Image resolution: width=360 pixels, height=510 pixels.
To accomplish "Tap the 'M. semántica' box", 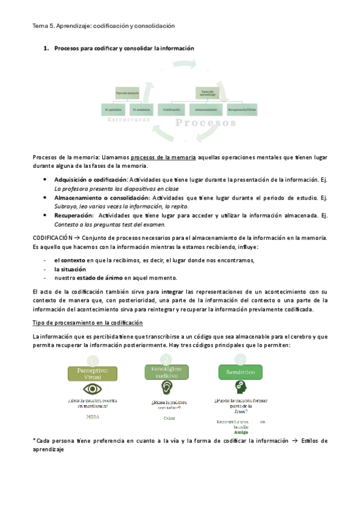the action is [141, 110].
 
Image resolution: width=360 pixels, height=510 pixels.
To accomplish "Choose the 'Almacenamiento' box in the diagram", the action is [206, 110].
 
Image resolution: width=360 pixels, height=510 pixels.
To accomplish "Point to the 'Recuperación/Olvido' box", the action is [242, 110].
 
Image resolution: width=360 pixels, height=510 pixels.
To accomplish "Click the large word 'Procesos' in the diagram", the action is [206, 123].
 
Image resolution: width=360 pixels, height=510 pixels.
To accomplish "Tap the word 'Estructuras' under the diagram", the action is [129, 120].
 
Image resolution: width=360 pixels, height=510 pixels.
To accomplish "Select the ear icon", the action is [168, 388].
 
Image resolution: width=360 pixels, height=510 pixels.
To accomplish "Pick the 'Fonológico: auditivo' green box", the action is [168, 371].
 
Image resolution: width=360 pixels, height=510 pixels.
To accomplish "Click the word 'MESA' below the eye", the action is [93, 416].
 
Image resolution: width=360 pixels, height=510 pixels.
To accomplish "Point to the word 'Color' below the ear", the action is [169, 417].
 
